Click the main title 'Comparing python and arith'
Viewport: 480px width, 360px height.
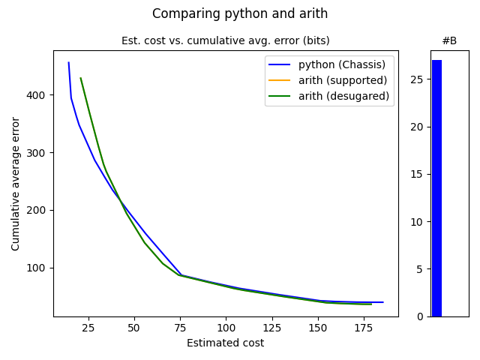pos(240,13)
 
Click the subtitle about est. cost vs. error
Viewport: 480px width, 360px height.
pos(226,40)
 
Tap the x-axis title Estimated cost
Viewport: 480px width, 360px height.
pos(226,343)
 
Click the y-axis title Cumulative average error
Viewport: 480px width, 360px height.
pos(16,183)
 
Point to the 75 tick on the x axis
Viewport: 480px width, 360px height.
pos(180,328)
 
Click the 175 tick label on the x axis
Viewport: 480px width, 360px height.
pos(364,328)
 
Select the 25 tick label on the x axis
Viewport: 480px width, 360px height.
pos(88,328)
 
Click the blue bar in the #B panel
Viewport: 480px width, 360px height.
pos(436,187)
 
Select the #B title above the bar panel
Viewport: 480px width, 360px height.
pos(449,40)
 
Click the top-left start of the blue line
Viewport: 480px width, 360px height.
pos(68,62)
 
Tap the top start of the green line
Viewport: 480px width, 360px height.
pos(80,78)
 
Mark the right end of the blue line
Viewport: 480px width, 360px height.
pos(383,302)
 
